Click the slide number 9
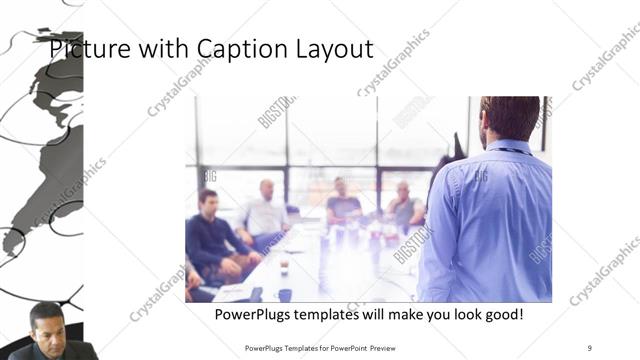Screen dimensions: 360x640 (x=589, y=347)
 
